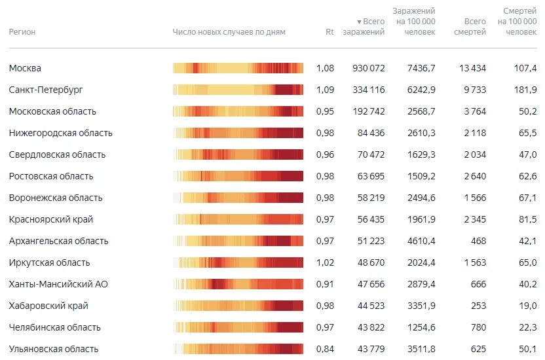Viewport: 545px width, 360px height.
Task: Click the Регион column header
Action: click(x=22, y=32)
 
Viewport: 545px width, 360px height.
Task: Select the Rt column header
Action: click(x=329, y=32)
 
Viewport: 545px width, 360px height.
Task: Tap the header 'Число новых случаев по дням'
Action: click(x=229, y=32)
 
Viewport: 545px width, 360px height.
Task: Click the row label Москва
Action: click(x=26, y=68)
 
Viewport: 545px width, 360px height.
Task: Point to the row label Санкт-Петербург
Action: click(x=46, y=90)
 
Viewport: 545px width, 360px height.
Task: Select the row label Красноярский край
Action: click(x=50, y=219)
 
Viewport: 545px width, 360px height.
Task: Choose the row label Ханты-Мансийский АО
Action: click(x=58, y=284)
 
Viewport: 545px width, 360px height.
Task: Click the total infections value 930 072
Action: click(x=368, y=68)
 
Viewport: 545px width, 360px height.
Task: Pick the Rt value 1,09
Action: click(x=325, y=90)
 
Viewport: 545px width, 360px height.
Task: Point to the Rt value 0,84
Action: click(x=325, y=349)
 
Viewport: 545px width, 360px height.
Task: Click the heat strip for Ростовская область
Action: click(x=238, y=176)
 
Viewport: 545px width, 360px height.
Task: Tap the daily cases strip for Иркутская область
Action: click(x=238, y=262)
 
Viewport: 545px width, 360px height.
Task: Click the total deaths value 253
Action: click(x=478, y=306)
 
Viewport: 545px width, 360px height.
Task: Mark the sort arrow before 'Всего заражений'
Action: click(x=359, y=22)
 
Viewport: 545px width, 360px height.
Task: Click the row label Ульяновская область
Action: click(x=54, y=349)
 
